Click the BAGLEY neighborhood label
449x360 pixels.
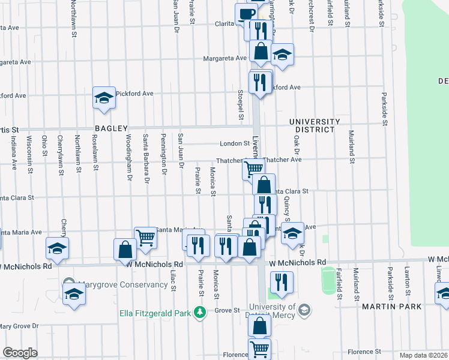point(111,128)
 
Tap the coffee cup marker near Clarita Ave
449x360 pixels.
point(246,14)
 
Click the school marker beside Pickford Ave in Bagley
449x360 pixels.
point(103,98)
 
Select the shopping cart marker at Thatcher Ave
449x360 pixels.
point(253,169)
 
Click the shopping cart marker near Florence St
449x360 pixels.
point(259,349)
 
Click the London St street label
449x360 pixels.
point(234,144)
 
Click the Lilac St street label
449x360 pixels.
point(173,280)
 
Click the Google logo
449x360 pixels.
point(20,353)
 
